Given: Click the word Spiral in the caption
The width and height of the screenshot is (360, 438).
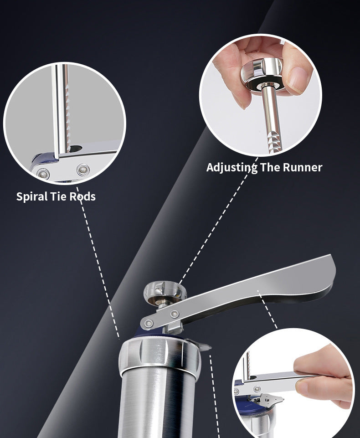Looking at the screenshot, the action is click(x=31, y=196).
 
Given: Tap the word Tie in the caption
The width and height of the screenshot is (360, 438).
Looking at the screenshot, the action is click(x=58, y=196).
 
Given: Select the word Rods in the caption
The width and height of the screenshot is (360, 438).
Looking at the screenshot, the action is click(x=82, y=196).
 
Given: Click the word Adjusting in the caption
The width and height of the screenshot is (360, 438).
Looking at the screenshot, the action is click(x=232, y=167).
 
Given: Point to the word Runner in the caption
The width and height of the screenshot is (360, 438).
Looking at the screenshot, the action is click(x=303, y=167).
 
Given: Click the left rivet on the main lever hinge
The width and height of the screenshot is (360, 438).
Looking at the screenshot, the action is click(x=149, y=324).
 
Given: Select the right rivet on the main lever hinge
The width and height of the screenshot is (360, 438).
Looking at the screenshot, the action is click(x=175, y=314).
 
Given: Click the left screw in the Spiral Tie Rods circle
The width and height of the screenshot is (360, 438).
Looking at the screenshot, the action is click(x=43, y=174).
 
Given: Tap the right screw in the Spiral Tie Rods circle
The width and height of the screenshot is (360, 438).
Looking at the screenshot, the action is click(x=83, y=170).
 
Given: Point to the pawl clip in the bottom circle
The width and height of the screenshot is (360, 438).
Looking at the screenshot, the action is click(x=267, y=401).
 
